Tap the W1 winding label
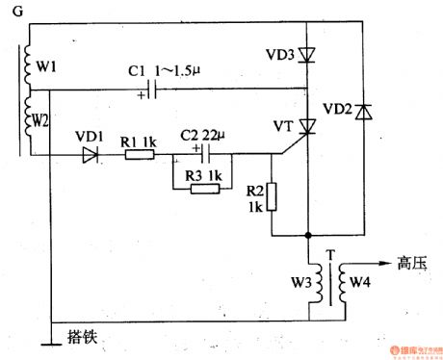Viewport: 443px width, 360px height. point(46,68)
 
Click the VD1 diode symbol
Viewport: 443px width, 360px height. point(91,153)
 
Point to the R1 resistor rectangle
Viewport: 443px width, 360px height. point(139,153)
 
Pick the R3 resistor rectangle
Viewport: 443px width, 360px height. point(205,188)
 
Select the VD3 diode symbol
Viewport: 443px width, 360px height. point(307,56)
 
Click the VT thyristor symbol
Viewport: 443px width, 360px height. point(307,126)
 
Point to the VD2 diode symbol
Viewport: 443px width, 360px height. point(362,113)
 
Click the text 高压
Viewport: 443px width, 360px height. point(413,261)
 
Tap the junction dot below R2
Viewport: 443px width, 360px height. point(308,234)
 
